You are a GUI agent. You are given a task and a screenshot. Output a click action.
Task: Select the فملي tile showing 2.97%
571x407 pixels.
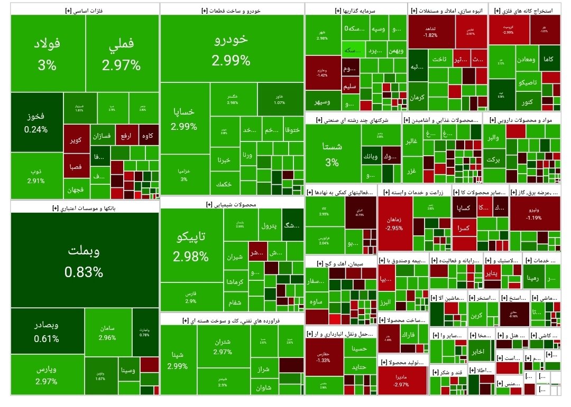[x=122, y=54]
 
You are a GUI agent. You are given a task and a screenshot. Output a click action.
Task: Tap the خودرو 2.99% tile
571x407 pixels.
[x=231, y=49]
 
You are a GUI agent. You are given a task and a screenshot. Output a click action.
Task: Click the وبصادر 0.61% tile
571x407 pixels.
[x=47, y=331]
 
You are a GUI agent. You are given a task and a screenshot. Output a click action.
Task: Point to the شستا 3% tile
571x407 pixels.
[x=332, y=154]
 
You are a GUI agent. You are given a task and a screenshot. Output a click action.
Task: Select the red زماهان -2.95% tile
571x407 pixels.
[x=394, y=223]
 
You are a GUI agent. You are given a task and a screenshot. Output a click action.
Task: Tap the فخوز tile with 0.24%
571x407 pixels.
[x=35, y=122]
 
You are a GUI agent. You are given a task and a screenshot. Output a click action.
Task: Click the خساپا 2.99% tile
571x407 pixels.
[x=185, y=118]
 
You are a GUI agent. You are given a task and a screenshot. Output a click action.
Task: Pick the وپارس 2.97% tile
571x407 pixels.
[x=47, y=374]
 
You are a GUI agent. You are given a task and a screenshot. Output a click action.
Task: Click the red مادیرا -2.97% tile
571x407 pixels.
[x=402, y=380]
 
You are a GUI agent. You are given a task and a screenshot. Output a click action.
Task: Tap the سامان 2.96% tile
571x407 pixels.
[x=107, y=333]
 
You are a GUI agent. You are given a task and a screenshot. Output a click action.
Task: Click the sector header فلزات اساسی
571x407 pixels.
[x=85, y=10]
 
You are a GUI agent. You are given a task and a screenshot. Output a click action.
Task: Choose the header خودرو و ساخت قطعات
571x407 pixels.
[x=232, y=10]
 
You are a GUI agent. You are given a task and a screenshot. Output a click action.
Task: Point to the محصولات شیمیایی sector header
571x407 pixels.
[x=232, y=204]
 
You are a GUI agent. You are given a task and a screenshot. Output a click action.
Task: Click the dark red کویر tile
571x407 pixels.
[x=76, y=140]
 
